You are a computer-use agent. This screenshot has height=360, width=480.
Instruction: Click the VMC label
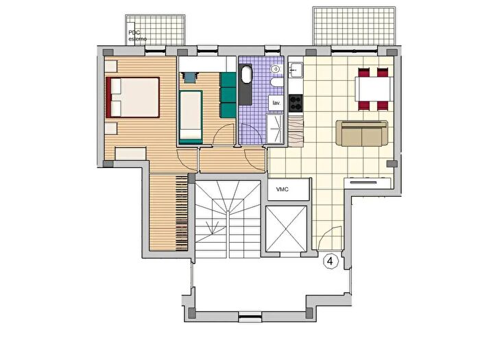click(x=283, y=189)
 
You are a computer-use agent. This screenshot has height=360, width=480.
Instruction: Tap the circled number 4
click(x=331, y=261)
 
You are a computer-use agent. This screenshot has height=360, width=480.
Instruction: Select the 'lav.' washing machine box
click(x=276, y=103)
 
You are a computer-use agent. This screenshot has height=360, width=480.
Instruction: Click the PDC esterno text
click(x=137, y=36)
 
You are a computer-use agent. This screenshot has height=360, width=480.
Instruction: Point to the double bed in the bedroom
click(x=132, y=97)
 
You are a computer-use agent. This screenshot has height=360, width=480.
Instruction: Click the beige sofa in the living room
click(x=362, y=133)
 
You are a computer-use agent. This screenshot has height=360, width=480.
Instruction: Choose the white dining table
click(x=374, y=89)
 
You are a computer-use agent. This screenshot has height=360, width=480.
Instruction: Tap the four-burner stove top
click(x=296, y=103)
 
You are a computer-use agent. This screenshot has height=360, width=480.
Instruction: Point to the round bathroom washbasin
click(x=276, y=69)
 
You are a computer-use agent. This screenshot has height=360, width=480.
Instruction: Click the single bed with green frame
click(x=191, y=117)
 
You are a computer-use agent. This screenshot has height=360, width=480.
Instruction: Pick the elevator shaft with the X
click(x=286, y=229)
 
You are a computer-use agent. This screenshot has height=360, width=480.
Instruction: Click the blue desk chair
click(x=190, y=77)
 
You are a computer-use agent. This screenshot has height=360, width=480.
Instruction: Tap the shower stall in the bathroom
click(x=275, y=129)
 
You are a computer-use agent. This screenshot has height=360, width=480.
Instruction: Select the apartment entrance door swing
click(x=330, y=238)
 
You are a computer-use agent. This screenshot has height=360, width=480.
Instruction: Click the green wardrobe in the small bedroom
click(x=228, y=95)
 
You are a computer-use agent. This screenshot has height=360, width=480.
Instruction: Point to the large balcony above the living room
click(x=354, y=26)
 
